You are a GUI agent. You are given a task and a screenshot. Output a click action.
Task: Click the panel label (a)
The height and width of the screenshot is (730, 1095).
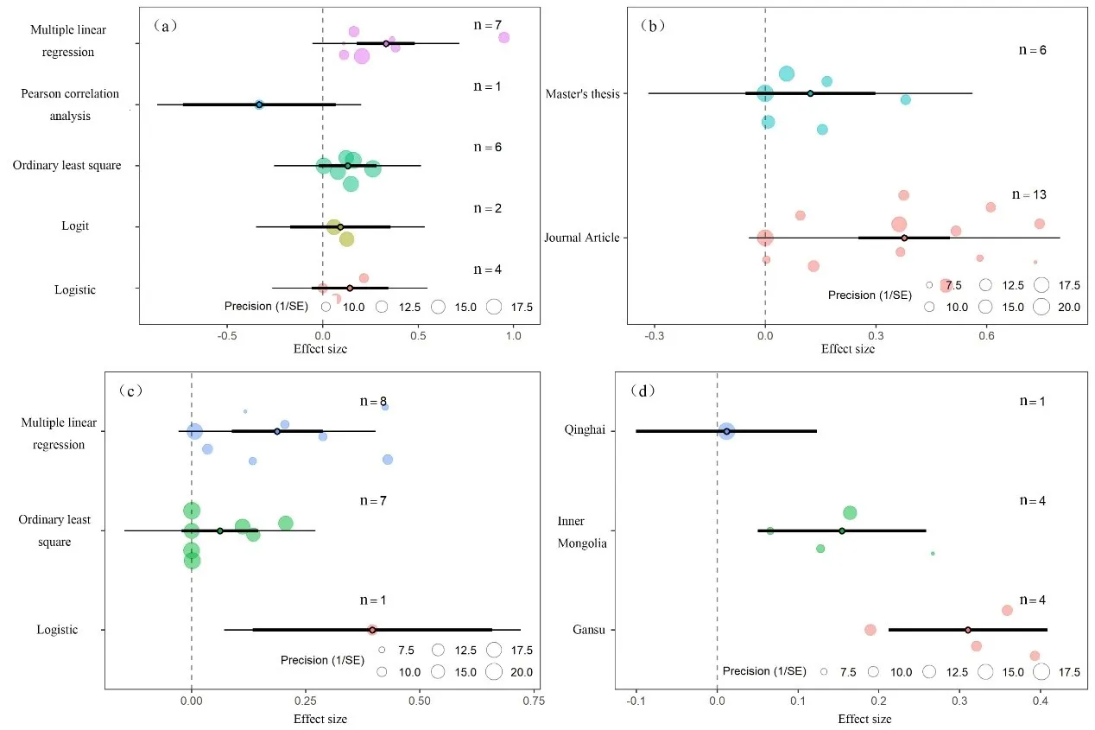[165, 25]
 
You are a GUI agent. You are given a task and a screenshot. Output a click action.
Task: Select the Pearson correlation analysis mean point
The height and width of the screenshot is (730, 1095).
[259, 105]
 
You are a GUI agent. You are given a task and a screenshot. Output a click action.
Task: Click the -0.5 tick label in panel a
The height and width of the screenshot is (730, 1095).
[227, 337]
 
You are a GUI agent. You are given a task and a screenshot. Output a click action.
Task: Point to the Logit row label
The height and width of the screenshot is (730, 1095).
[75, 226]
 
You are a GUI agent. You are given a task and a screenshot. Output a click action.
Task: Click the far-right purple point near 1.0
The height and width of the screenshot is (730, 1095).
[503, 37]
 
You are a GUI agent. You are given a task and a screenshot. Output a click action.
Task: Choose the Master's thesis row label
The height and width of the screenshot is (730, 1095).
[583, 93]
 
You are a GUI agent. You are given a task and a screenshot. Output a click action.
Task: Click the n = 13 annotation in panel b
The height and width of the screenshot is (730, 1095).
[1033, 195]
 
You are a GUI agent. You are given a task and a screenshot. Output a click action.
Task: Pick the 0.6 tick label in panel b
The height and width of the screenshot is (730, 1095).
[985, 337]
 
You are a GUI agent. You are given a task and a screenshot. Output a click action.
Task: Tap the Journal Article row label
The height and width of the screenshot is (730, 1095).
[581, 238]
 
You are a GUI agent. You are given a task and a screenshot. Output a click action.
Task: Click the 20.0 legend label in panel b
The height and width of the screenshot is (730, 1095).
[1067, 307]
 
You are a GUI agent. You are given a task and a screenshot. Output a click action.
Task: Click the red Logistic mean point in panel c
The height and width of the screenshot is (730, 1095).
[372, 630]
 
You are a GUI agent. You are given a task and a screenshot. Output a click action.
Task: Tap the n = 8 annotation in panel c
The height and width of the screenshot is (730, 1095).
[374, 402]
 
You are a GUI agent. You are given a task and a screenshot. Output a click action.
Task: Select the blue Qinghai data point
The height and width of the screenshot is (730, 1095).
[726, 431]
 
